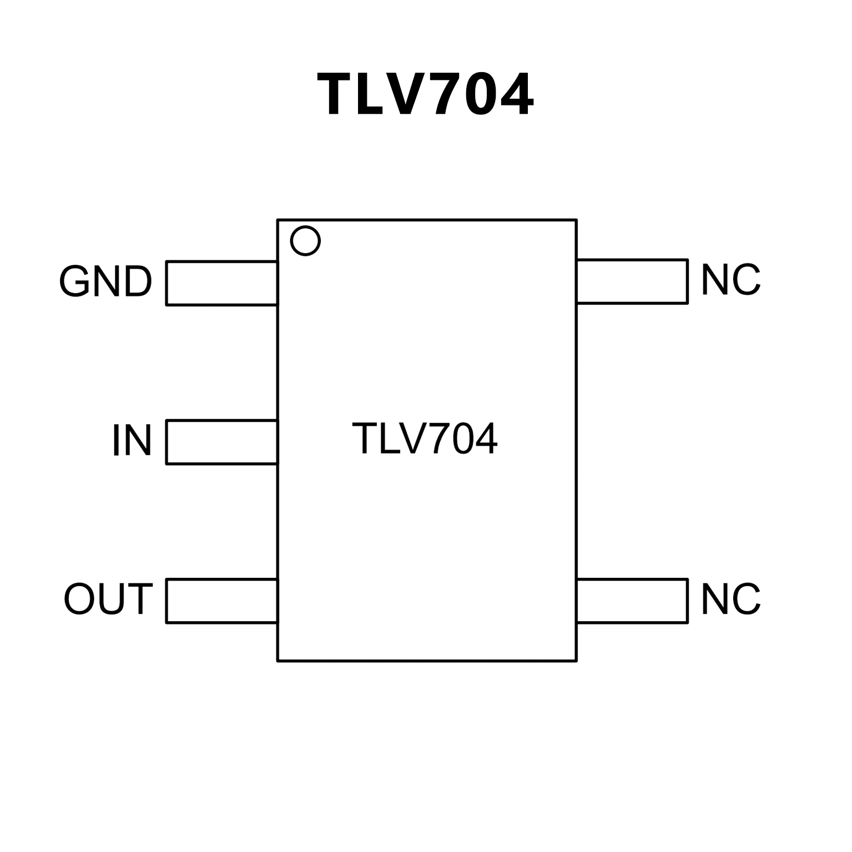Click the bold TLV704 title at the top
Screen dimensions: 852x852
(425, 95)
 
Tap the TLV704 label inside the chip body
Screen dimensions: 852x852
(425, 439)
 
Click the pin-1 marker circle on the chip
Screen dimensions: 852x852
(305, 241)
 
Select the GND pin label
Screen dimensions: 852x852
(105, 282)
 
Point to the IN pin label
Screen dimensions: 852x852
(132, 441)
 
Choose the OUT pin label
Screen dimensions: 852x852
(108, 599)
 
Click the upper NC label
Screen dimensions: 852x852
(730, 280)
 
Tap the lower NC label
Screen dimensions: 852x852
(730, 599)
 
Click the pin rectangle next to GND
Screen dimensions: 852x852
(221, 283)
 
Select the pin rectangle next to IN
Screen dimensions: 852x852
(221, 442)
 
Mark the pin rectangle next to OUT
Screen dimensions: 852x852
(221, 601)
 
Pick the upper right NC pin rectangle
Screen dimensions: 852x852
(632, 281)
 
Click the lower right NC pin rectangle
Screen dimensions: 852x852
(632, 601)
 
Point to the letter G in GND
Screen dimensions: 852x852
(75, 282)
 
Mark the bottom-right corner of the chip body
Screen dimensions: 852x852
(577, 661)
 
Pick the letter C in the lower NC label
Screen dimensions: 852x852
(747, 599)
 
